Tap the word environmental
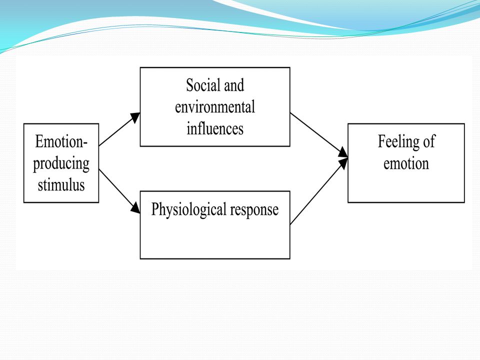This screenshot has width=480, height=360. click(x=215, y=107)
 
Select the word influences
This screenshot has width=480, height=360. click(x=215, y=128)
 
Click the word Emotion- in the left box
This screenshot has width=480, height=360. click(x=61, y=141)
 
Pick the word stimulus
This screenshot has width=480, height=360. click(x=61, y=185)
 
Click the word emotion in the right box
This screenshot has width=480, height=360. click(x=406, y=163)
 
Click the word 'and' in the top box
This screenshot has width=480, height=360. click(x=234, y=85)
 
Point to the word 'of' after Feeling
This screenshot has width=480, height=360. click(x=428, y=141)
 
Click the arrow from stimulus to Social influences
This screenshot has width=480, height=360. click(x=119, y=129)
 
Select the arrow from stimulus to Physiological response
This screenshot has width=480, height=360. click(x=119, y=191)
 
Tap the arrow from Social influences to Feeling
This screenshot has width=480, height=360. click(x=319, y=135)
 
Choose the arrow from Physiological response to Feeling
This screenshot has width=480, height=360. click(x=319, y=191)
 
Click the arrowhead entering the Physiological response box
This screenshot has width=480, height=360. click(x=135, y=208)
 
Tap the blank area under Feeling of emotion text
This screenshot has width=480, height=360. click(x=406, y=186)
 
